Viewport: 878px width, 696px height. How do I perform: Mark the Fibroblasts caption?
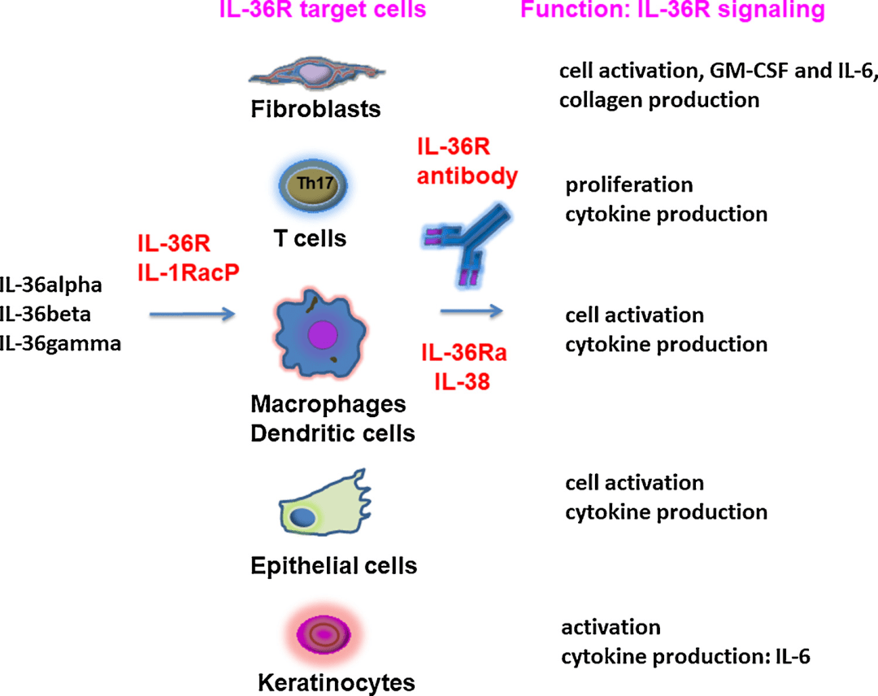316,108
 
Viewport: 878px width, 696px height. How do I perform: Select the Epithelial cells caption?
334,565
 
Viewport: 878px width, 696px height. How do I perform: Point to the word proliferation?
629,185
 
